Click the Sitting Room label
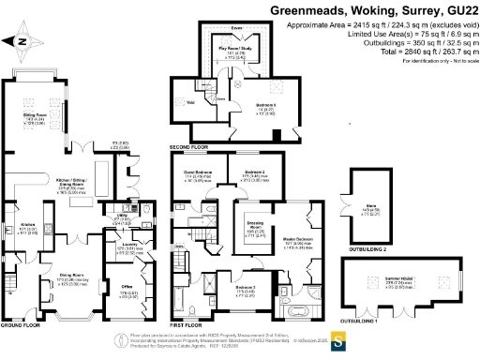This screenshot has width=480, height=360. click(36, 116)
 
